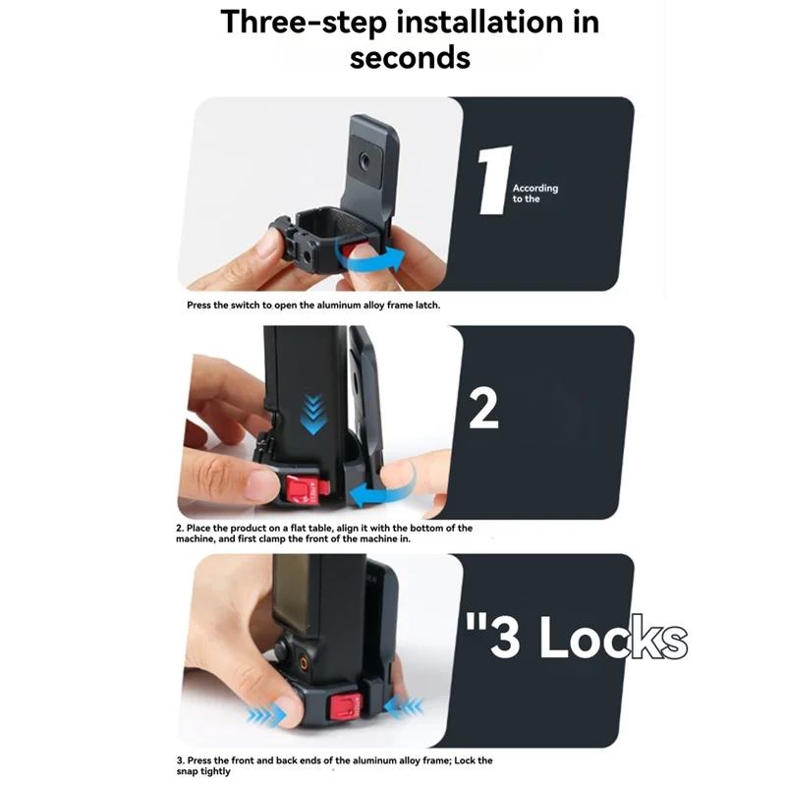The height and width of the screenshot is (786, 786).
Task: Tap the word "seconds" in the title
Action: click(x=410, y=56)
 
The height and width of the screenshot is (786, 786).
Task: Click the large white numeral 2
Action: click(x=483, y=411)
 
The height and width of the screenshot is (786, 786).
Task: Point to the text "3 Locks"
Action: click(x=574, y=640)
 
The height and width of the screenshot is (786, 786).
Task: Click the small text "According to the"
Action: click(x=534, y=193)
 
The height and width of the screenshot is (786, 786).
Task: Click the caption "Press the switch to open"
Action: click(x=314, y=306)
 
